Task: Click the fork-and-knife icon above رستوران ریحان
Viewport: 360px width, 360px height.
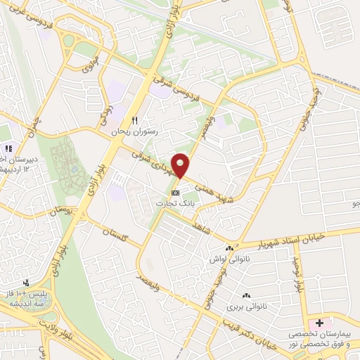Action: pos(136,120)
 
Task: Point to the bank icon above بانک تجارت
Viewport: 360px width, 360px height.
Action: pos(175,191)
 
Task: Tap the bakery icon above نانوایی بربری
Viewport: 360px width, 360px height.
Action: pos(245,296)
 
